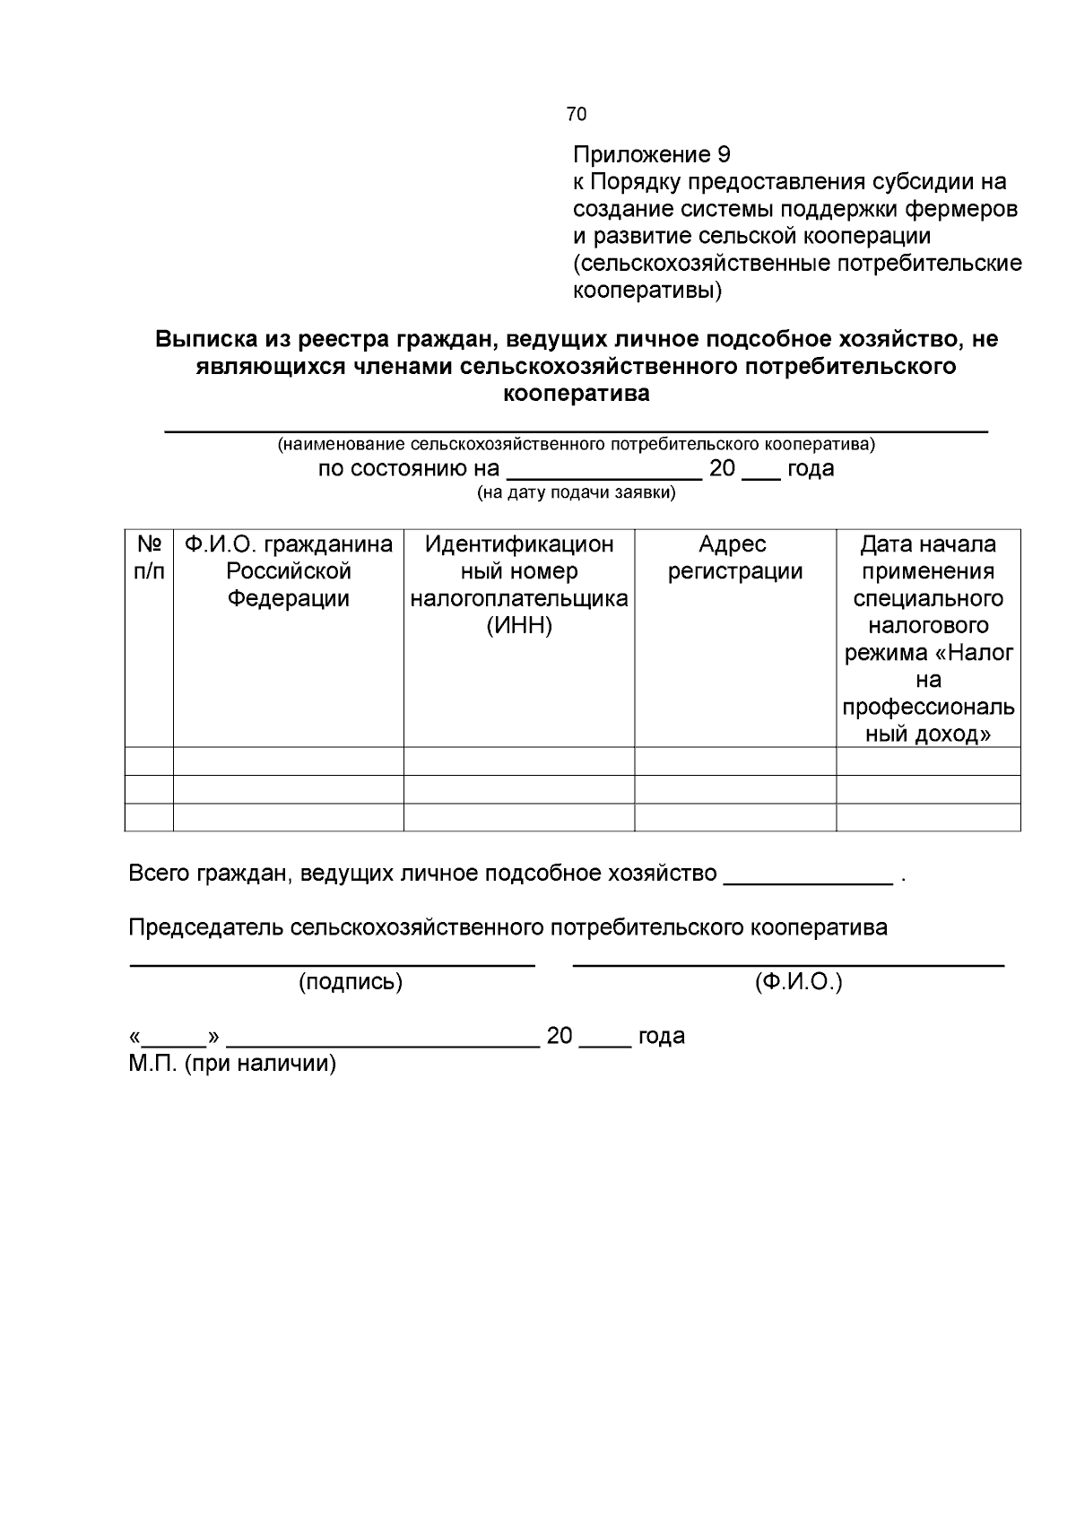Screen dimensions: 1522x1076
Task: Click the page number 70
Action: pyautogui.click(x=577, y=114)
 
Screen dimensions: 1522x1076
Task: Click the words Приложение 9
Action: pyautogui.click(x=652, y=154)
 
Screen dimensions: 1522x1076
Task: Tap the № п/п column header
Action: pyautogui.click(x=149, y=558)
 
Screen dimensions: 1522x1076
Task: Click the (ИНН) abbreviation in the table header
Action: pyautogui.click(x=519, y=626)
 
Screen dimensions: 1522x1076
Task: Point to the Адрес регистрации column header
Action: pyautogui.click(x=734, y=558)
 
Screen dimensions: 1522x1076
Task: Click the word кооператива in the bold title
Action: pyautogui.click(x=577, y=394)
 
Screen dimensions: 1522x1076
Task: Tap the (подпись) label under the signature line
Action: pyautogui.click(x=351, y=982)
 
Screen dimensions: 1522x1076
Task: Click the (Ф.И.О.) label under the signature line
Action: pyautogui.click(x=798, y=982)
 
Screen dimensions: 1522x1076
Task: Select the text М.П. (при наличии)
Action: pyautogui.click(x=232, y=1064)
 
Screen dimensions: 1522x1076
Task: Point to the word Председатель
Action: pyautogui.click(x=206, y=927)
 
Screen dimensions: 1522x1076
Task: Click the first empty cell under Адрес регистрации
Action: pyautogui.click(x=734, y=761)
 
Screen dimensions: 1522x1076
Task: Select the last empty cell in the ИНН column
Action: pyautogui.click(x=519, y=817)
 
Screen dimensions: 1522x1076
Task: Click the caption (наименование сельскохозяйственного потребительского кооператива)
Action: pyautogui.click(x=577, y=444)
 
